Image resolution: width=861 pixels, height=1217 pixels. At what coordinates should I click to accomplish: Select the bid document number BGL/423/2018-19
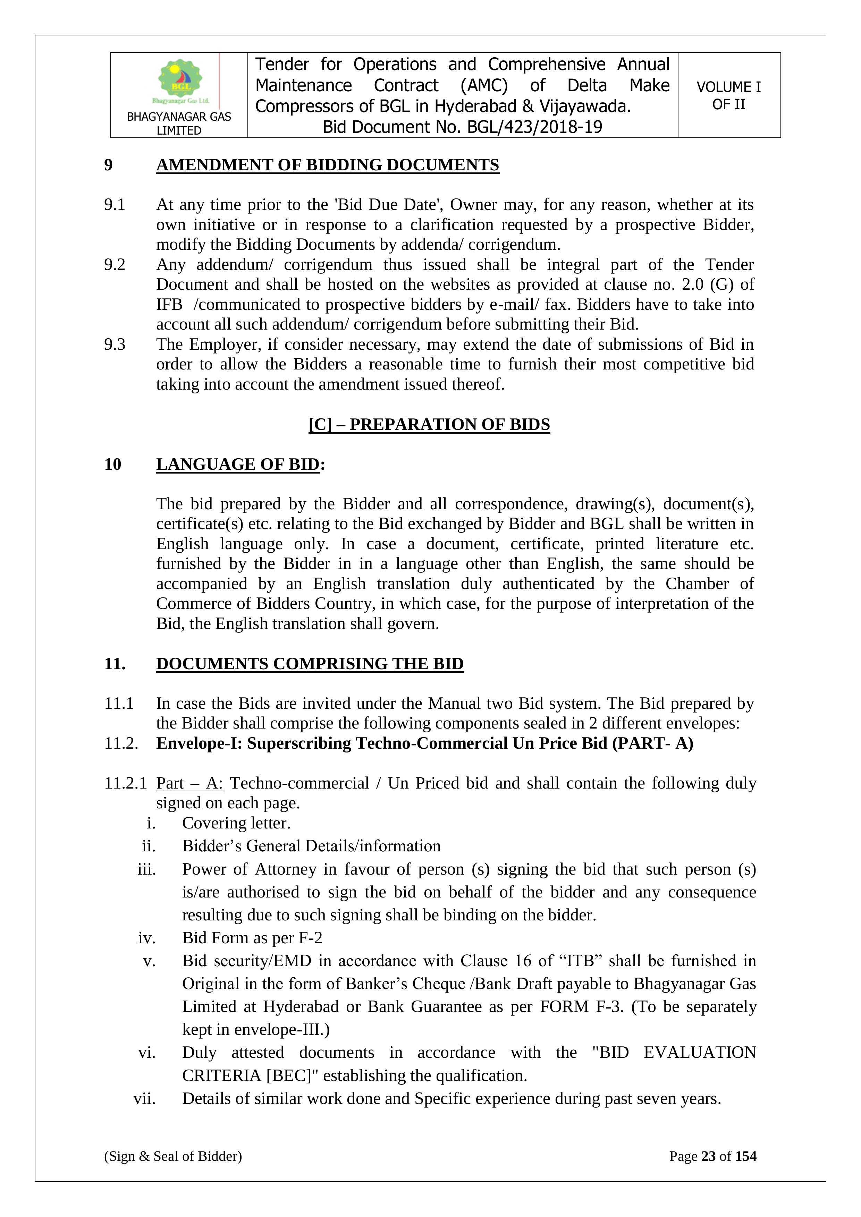tap(534, 127)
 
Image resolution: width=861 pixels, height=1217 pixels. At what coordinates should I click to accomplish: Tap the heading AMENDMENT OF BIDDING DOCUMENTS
tap(327, 165)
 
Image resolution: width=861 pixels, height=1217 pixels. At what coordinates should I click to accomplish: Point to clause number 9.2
tap(115, 264)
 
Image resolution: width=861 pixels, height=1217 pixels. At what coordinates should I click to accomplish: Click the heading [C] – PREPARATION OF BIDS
tap(429, 425)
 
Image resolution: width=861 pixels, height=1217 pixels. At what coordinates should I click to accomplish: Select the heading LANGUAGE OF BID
tap(237, 464)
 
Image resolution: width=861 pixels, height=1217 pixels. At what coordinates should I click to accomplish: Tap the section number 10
tap(112, 464)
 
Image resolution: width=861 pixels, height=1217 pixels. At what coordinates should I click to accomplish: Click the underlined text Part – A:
tap(189, 783)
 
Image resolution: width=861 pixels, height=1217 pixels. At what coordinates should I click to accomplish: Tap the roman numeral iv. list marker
tap(146, 938)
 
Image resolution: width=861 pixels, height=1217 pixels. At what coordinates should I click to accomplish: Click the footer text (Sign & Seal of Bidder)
tap(173, 1156)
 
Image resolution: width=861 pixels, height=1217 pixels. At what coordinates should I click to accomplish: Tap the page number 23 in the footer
tap(708, 1156)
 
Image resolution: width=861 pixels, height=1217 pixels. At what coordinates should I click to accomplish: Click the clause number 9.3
tap(115, 344)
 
